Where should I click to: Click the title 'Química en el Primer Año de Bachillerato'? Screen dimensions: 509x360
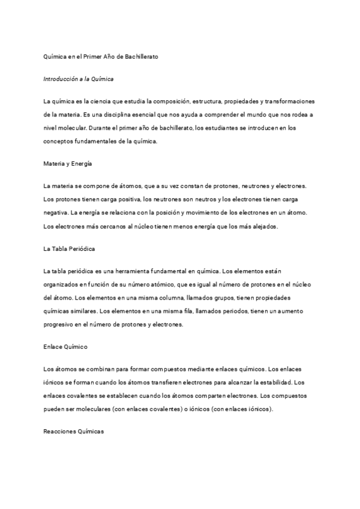point(100,56)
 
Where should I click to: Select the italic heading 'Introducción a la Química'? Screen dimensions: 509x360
point(79,79)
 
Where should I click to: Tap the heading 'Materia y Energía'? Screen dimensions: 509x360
point(67,163)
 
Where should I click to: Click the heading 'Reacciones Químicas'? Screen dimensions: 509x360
point(74,432)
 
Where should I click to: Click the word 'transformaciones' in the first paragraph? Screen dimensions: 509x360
point(295,101)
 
